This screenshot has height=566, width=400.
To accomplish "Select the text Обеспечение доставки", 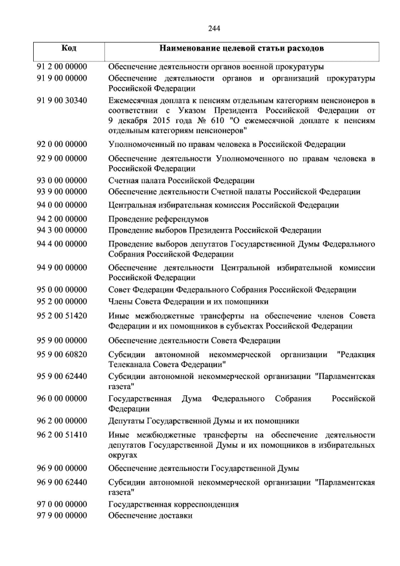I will [x=150, y=515].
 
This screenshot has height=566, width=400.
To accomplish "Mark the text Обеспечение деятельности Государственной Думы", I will [x=203, y=468].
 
